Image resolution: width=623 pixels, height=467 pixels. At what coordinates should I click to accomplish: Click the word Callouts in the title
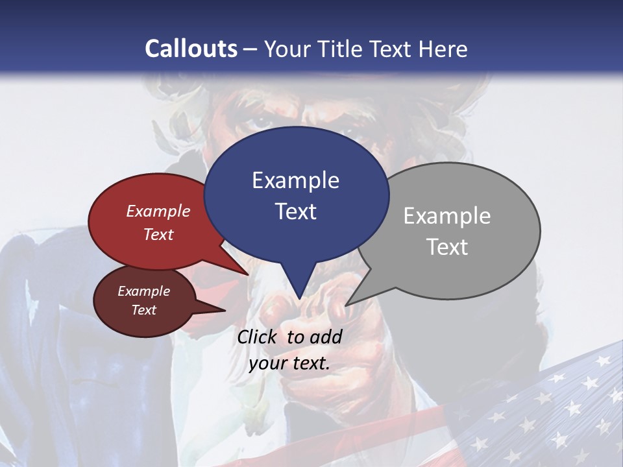click(x=191, y=49)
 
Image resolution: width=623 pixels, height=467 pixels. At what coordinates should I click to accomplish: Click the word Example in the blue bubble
click(x=295, y=180)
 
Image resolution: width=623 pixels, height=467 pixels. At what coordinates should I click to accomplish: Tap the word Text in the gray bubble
click(x=447, y=247)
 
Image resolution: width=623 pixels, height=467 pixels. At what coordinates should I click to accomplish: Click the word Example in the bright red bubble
click(x=158, y=211)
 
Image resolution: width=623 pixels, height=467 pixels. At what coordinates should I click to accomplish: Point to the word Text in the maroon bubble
click(x=144, y=310)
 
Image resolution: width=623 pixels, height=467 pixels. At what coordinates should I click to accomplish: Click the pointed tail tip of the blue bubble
click(x=299, y=299)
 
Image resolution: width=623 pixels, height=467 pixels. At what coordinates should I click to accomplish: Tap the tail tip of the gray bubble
click(x=346, y=305)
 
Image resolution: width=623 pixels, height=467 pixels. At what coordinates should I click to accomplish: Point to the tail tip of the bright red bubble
click(x=248, y=274)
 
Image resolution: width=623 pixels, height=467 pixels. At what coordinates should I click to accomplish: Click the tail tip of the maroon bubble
click(x=225, y=311)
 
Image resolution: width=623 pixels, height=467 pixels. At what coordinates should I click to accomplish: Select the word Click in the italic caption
click(x=259, y=337)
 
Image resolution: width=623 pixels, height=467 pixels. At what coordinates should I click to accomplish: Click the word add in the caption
click(x=325, y=337)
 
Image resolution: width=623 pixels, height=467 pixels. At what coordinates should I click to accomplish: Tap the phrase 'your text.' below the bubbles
click(x=289, y=363)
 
